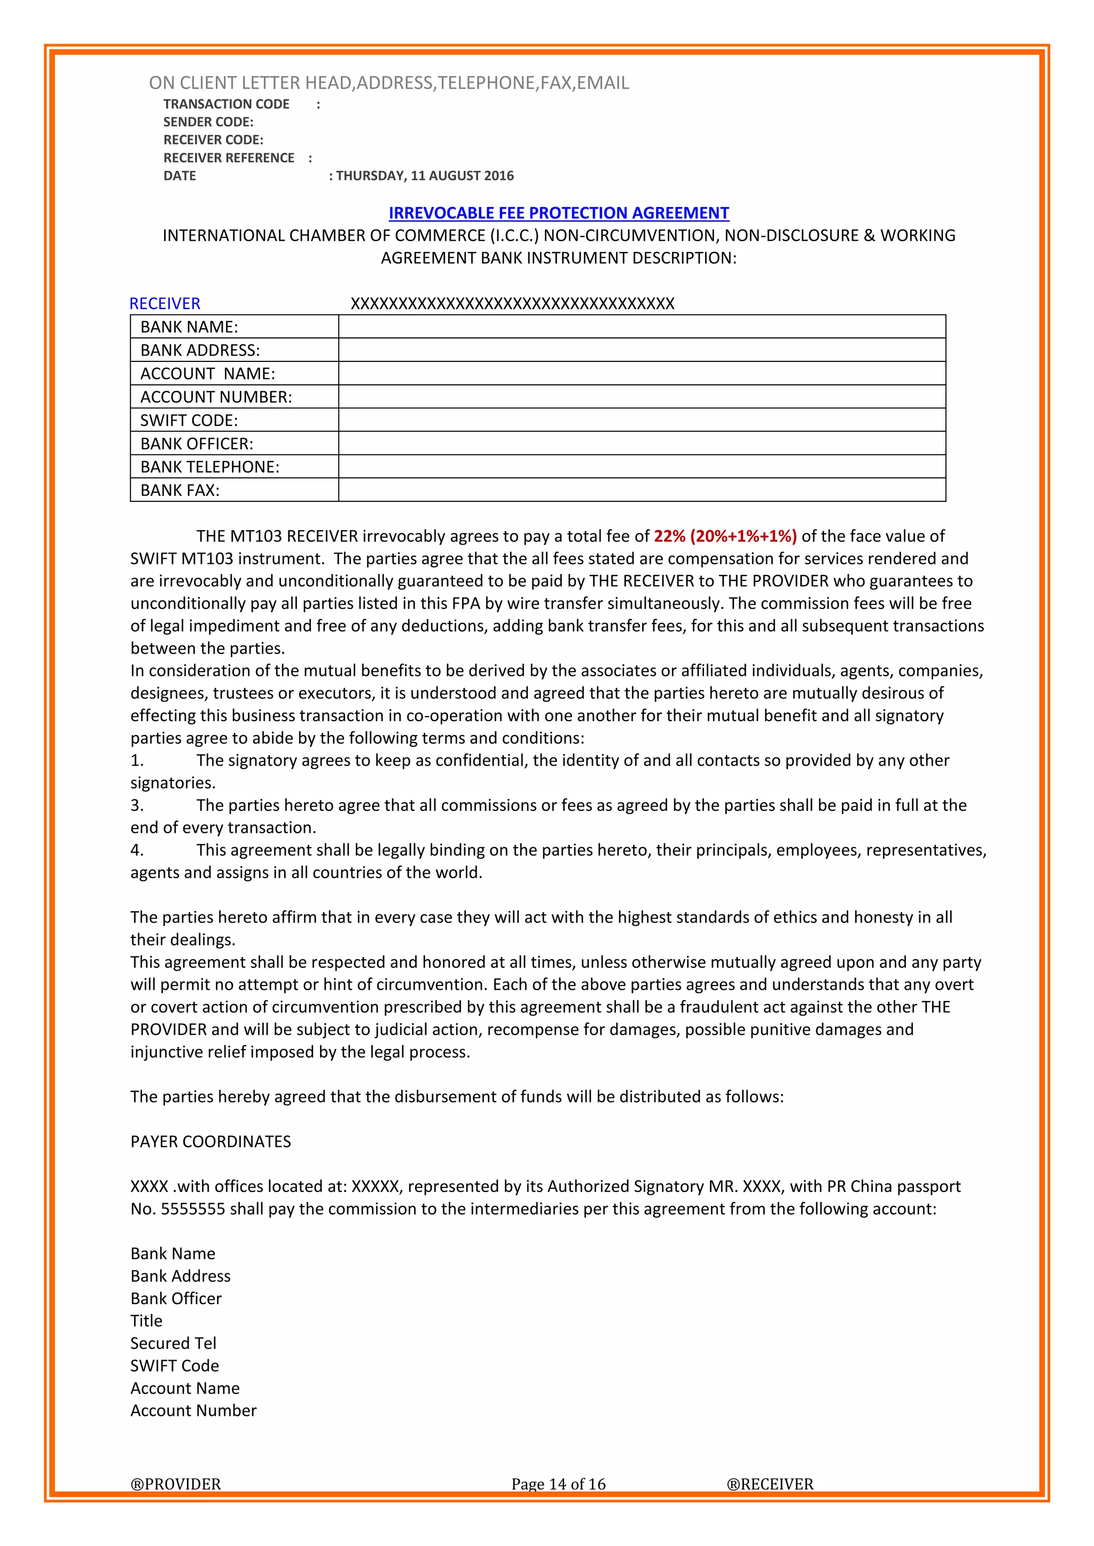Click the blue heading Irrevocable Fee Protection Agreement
[558, 213]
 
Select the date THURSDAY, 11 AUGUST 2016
[424, 176]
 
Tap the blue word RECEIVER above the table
[165, 304]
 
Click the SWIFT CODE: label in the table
[189, 420]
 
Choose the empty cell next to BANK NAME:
[642, 327]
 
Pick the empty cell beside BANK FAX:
[642, 490]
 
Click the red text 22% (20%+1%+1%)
[725, 536]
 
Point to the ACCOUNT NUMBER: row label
[216, 397]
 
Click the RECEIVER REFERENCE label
[229, 158]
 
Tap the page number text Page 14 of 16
[558, 1484]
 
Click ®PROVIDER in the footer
[175, 1484]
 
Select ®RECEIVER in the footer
[769, 1484]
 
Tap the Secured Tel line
[173, 1343]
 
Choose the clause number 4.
[137, 850]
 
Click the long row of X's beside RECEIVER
[512, 304]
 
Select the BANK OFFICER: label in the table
[196, 444]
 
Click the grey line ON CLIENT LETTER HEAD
[389, 83]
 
